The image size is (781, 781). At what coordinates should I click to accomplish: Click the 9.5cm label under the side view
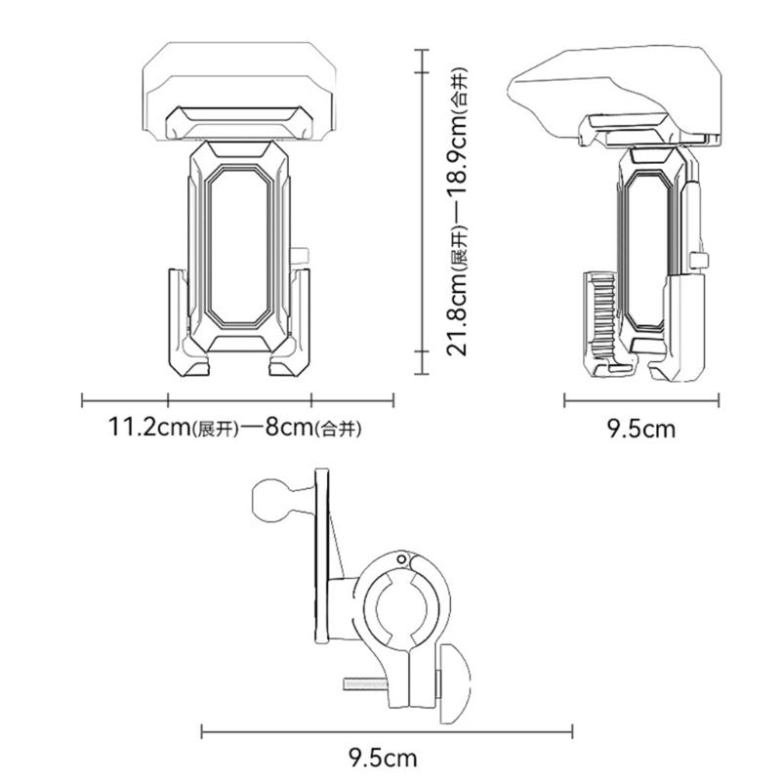(641, 428)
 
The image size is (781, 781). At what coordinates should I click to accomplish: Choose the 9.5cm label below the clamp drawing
(384, 758)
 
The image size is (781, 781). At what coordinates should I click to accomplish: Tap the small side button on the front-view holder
(302, 257)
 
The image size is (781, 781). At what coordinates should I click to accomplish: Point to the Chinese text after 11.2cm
(217, 430)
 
